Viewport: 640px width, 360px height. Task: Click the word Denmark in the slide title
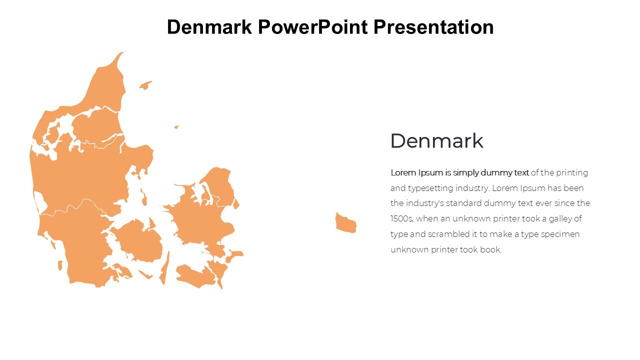click(209, 27)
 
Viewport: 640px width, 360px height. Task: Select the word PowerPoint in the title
click(312, 27)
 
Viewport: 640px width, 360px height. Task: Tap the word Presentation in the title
click(433, 27)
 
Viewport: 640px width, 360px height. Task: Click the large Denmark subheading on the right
click(436, 141)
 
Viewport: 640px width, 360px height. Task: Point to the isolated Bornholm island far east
click(345, 223)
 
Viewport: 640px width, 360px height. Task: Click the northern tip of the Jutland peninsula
click(122, 53)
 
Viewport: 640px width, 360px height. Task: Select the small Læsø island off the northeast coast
click(145, 85)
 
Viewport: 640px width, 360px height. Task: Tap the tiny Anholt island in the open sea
click(176, 126)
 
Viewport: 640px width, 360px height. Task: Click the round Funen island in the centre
click(138, 240)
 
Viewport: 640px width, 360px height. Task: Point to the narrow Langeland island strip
click(165, 268)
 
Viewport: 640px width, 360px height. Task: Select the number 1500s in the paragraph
click(401, 219)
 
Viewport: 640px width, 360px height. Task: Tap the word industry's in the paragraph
click(425, 203)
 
